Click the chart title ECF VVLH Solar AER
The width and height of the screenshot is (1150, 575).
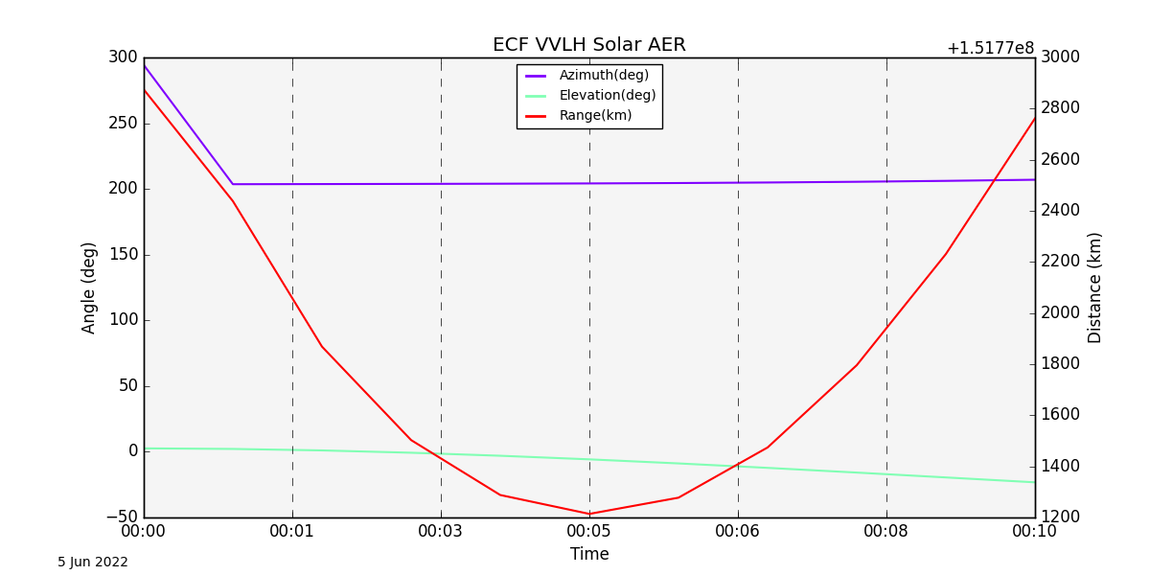pyautogui.click(x=588, y=45)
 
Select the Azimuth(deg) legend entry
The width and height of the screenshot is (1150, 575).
pyautogui.click(x=604, y=76)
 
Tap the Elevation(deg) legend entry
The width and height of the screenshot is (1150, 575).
pyautogui.click(x=607, y=96)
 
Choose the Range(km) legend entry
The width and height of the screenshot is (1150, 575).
pyautogui.click(x=595, y=116)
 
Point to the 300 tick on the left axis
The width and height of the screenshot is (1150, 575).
pyautogui.click(x=123, y=57)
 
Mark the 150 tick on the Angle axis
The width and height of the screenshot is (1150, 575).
pyautogui.click(x=123, y=255)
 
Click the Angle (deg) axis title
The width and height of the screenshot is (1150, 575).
pyautogui.click(x=89, y=287)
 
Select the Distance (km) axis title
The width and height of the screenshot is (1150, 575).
pyautogui.click(x=1095, y=287)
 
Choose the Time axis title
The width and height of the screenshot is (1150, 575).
pyautogui.click(x=589, y=554)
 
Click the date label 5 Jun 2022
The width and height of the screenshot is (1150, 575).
pyautogui.click(x=93, y=563)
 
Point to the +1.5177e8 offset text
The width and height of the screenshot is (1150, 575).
pyautogui.click(x=990, y=48)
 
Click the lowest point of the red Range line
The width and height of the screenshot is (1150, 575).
pyautogui.click(x=589, y=514)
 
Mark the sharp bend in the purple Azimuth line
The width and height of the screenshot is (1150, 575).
pyautogui.click(x=233, y=184)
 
